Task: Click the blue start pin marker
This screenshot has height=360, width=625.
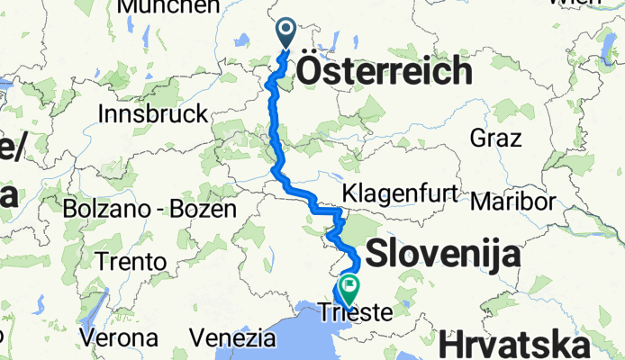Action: pos(286,33)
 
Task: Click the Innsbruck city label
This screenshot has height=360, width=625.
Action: pos(152,114)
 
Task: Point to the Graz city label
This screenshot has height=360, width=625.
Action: pos(495,139)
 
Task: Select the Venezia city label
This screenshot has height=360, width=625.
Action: pos(232,338)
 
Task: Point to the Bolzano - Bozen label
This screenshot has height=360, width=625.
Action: pos(149,209)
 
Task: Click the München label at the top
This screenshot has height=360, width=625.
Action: pos(168,6)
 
